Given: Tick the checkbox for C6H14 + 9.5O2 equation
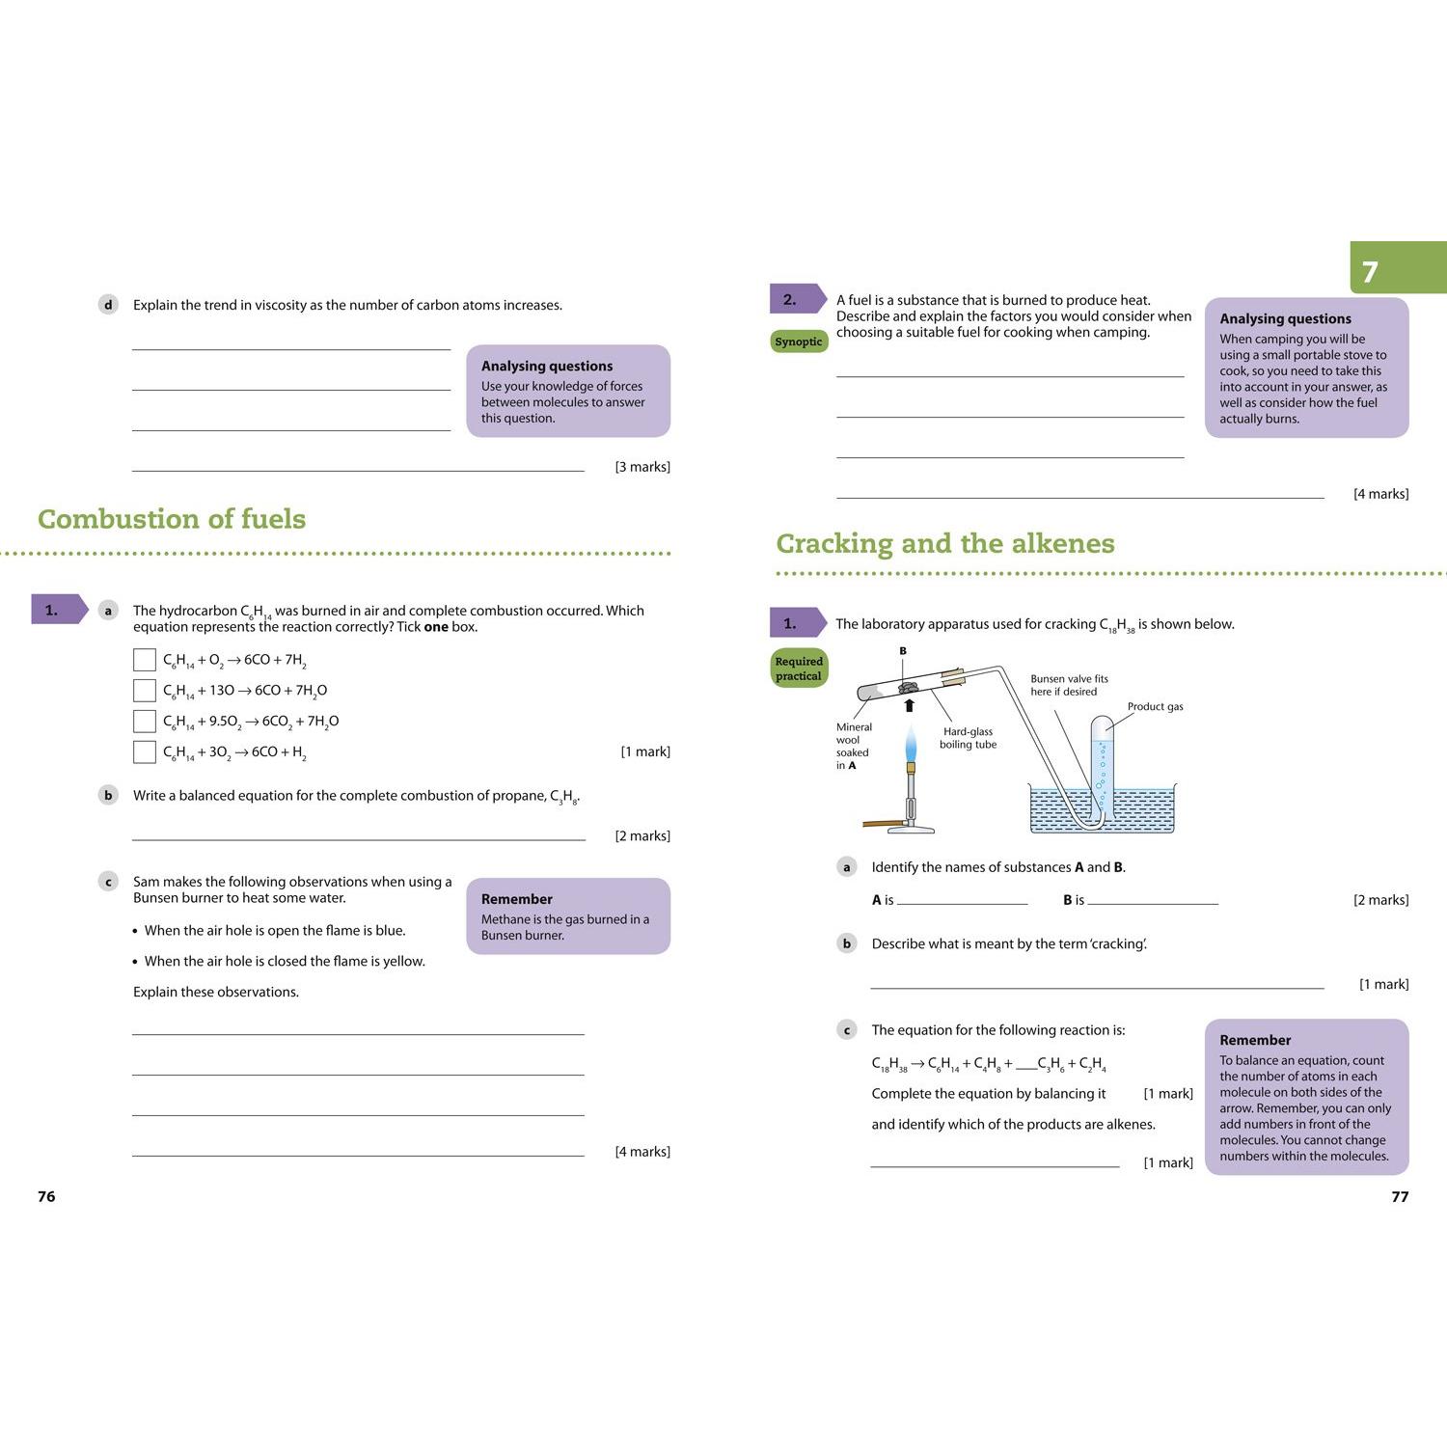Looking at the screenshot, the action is point(144,721).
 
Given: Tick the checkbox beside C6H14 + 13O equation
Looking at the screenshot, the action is point(144,690).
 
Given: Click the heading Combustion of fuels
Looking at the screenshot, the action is point(172,519).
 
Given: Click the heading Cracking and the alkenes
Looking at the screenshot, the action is point(945,544).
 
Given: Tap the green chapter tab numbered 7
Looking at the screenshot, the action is point(1398,267).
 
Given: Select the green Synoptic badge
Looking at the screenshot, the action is point(799,341).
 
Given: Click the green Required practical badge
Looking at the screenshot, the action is point(799,668).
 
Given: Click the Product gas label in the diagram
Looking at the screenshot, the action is point(1155,706).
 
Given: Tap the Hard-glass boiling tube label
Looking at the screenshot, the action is point(969,738).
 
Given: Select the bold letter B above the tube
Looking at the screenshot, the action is point(903,651).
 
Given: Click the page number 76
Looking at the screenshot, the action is point(46,1196).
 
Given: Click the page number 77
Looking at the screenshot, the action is point(1400,1196).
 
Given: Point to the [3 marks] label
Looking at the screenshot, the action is point(642,467).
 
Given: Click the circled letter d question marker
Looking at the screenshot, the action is point(108,305).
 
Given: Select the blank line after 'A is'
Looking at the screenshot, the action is point(963,904).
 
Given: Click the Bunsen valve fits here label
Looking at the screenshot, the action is point(1069,685).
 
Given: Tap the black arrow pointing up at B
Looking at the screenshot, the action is point(909,705).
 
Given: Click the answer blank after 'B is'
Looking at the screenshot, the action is point(1153,904).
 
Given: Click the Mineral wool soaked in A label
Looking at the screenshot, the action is point(853,746).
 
